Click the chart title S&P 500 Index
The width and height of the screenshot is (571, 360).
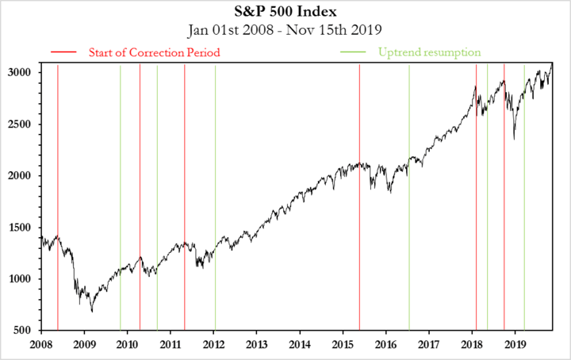coord(285,13)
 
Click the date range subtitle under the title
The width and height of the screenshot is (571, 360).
coord(285,31)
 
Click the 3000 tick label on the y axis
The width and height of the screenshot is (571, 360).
coord(21,72)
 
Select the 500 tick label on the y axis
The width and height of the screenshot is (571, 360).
coord(25,331)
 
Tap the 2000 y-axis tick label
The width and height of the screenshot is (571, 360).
coord(21,176)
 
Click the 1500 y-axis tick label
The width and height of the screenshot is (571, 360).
coord(21,228)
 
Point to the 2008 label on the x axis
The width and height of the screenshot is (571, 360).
coord(40,345)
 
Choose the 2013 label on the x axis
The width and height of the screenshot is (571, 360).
coord(256,345)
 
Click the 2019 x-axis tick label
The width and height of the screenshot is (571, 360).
coord(515,345)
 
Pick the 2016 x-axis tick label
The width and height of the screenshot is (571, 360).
coord(386,345)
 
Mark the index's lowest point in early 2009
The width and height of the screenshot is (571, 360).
coord(91,311)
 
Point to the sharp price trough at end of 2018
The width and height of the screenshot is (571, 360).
coord(514,139)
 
